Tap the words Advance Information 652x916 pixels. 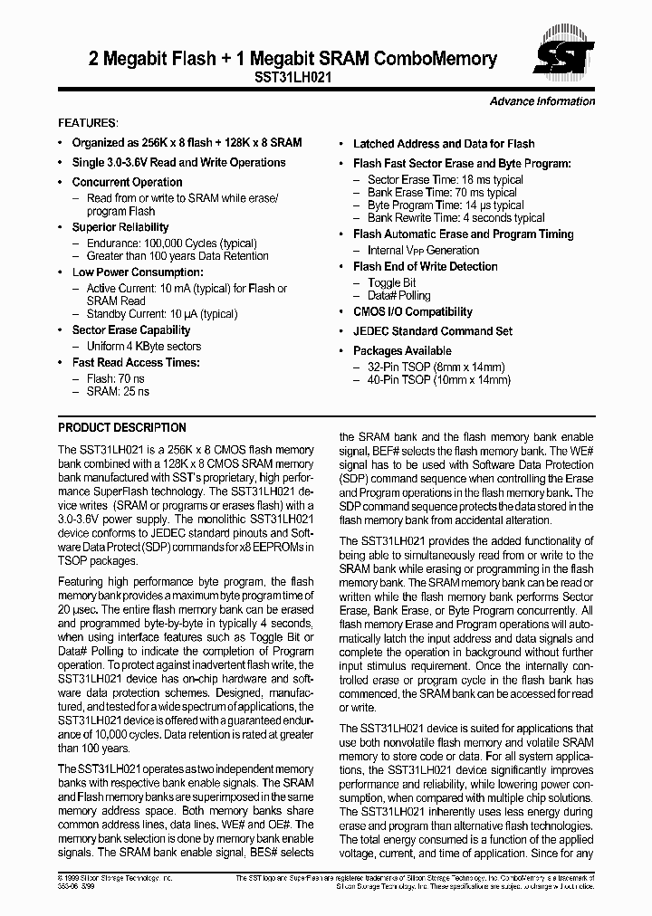click(542, 101)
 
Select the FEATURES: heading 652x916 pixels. click(88, 122)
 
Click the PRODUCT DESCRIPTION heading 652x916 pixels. click(122, 427)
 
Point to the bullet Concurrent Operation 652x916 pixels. click(127, 182)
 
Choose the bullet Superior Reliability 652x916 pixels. click(120, 227)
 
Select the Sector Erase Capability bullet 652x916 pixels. click(131, 330)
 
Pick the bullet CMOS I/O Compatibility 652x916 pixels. click(413, 312)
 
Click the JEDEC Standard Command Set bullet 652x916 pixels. click(433, 331)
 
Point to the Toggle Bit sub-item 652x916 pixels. click(391, 282)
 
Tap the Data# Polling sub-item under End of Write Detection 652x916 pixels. click(398, 295)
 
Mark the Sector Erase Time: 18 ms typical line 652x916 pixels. click(445, 180)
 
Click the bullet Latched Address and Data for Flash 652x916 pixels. click(444, 144)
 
